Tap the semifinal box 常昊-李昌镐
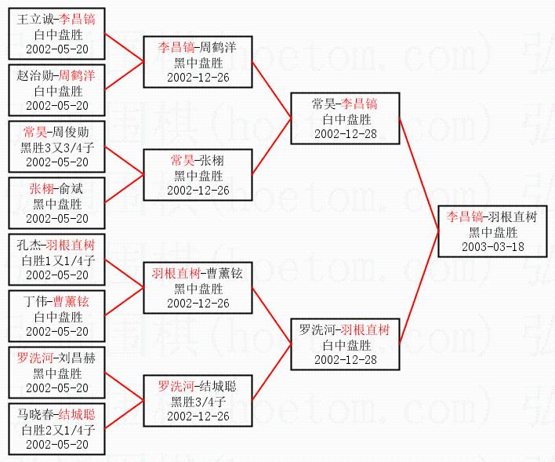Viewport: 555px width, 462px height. click(344, 118)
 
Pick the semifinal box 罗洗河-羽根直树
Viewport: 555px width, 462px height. click(344, 344)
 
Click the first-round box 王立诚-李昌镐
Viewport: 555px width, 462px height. click(56, 34)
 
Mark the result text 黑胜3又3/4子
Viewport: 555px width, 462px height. click(56, 147)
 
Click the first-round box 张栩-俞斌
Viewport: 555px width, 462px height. click(56, 203)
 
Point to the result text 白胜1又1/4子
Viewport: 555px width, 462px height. click(56, 260)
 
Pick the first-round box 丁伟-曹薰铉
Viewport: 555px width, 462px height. click(56, 316)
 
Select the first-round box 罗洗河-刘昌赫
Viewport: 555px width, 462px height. click(56, 373)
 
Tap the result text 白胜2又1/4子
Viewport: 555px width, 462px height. click(56, 429)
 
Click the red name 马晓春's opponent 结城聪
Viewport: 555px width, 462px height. click(77, 414)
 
